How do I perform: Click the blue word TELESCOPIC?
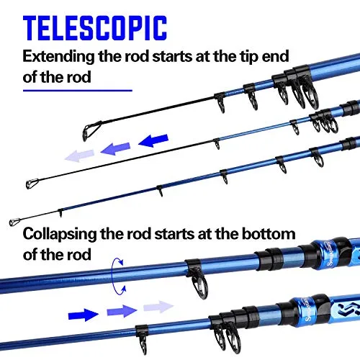pyautogui.click(x=95, y=28)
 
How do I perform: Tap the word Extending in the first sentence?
pyautogui.click(x=58, y=57)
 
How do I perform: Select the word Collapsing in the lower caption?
pyautogui.click(x=60, y=234)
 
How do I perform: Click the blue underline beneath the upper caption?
pyautogui.click(x=78, y=91)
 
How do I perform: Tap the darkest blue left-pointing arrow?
pyautogui.click(x=153, y=140)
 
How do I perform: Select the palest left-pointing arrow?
pyautogui.click(x=79, y=156)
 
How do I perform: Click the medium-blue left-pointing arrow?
pyautogui.click(x=115, y=149)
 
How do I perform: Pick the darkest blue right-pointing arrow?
pyautogui.click(x=84, y=315)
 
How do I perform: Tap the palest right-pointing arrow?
pyautogui.click(x=158, y=307)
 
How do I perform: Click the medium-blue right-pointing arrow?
pyautogui.click(x=122, y=311)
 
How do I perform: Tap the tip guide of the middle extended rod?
pyautogui.click(x=32, y=184)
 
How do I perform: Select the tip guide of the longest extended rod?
pyautogui.click(x=14, y=222)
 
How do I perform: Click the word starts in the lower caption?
pyautogui.click(x=174, y=234)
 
